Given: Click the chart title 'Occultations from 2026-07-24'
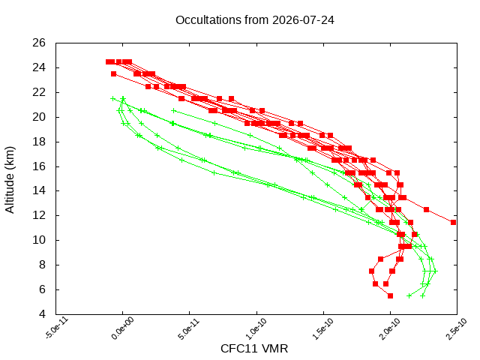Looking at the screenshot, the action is click(255, 20).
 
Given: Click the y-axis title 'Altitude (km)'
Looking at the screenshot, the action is click(10, 180).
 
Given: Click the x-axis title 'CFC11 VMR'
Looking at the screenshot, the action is click(254, 349).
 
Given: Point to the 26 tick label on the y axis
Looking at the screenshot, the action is click(39, 43).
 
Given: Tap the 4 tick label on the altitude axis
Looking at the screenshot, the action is click(42, 314).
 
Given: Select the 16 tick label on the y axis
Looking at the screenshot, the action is click(39, 166).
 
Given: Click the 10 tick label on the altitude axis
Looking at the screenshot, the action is click(39, 240).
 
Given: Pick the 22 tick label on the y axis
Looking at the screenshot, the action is click(39, 92).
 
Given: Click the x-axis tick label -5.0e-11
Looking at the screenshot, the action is click(57, 328).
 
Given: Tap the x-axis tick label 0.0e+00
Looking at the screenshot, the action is click(123, 328).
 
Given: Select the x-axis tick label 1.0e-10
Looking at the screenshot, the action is click(256, 328).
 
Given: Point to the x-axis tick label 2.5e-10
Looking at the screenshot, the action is click(457, 328).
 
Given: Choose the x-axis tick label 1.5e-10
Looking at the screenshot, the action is click(323, 328).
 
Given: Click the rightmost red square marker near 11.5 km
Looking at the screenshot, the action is click(453, 222).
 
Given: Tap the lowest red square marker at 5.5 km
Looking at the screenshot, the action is click(390, 295).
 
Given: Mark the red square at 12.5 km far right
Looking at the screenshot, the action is click(427, 210).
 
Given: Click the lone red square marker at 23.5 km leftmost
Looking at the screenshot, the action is click(113, 73).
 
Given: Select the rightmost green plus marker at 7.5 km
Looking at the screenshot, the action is click(435, 271).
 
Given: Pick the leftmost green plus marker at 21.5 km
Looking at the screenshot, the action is click(113, 98).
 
